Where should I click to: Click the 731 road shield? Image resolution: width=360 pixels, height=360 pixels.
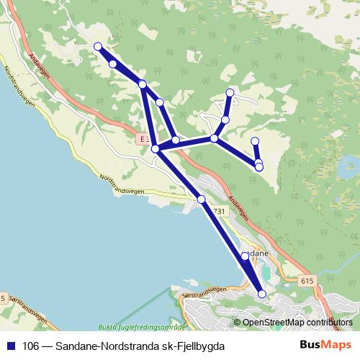pyautogui.click(x=220, y=210)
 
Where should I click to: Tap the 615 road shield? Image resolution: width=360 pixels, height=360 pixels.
pyautogui.click(x=307, y=281)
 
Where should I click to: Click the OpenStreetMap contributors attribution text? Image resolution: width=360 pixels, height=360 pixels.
pyautogui.click(x=297, y=323)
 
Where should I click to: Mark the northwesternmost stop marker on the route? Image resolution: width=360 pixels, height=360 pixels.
pyautogui.click(x=98, y=47)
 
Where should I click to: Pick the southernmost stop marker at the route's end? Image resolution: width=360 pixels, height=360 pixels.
pyautogui.click(x=262, y=294)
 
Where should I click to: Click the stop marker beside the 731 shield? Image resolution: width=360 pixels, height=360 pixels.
pyautogui.click(x=202, y=199)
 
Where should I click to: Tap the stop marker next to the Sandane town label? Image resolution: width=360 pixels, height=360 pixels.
pyautogui.click(x=245, y=256)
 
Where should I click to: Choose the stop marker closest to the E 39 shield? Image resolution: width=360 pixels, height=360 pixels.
pyautogui.click(x=155, y=149)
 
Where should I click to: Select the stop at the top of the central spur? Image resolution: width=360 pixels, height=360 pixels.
pyautogui.click(x=230, y=92)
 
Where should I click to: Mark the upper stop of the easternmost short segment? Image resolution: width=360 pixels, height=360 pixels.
pyautogui.click(x=255, y=141)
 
